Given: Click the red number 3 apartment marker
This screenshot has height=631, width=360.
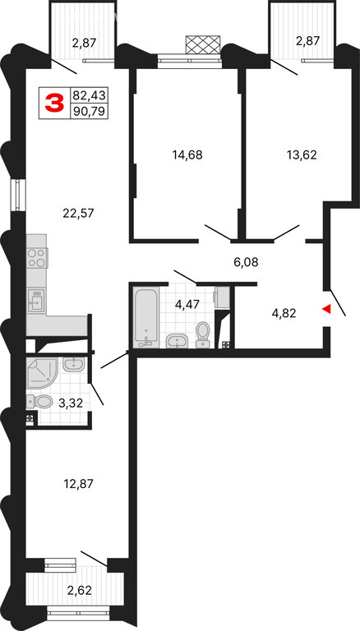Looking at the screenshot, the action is (x=54, y=103).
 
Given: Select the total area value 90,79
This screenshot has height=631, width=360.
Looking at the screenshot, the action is (x=89, y=111).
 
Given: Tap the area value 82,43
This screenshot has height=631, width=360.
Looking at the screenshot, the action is (x=89, y=95).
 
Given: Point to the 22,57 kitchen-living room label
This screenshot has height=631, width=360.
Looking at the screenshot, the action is (x=78, y=213).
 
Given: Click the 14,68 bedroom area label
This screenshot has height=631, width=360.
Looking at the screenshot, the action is (x=187, y=154).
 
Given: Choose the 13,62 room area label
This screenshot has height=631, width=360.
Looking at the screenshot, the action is (x=302, y=154).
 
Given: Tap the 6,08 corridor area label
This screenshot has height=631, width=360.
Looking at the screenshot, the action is (x=246, y=262).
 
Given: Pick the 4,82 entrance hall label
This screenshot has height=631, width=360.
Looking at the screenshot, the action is (x=284, y=314).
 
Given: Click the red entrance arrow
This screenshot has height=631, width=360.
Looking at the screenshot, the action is (x=326, y=309).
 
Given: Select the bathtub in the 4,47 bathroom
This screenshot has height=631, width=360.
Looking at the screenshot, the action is (x=145, y=317).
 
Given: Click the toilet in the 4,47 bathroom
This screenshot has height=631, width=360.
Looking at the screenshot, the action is (x=202, y=334).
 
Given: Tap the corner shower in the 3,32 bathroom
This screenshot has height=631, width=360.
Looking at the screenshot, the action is (x=42, y=374).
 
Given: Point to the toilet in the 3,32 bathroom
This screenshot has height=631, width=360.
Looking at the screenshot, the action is (x=39, y=401).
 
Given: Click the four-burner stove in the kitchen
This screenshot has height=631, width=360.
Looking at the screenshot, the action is (x=38, y=258).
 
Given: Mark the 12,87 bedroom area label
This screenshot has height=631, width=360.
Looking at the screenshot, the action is (x=78, y=483).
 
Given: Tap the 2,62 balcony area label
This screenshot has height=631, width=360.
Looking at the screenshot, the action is (x=79, y=591).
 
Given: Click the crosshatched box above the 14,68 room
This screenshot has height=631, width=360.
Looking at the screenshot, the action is (x=203, y=44).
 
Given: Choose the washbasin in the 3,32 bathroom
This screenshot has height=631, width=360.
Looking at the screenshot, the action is (x=74, y=364).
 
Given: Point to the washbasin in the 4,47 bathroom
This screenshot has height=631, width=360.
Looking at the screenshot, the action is (x=177, y=341).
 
